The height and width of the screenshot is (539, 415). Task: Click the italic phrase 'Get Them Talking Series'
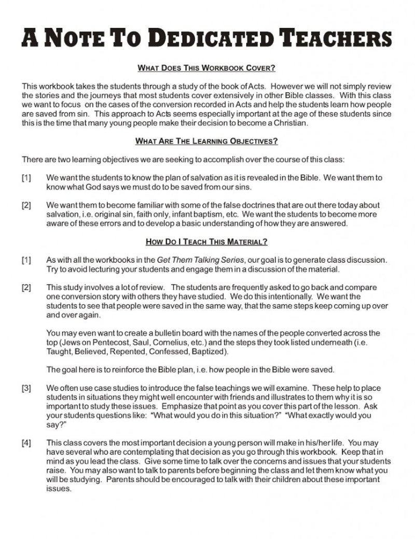(x=191, y=259)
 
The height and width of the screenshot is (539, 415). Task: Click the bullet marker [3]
(x=26, y=388)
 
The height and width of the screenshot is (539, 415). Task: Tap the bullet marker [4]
(x=26, y=443)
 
